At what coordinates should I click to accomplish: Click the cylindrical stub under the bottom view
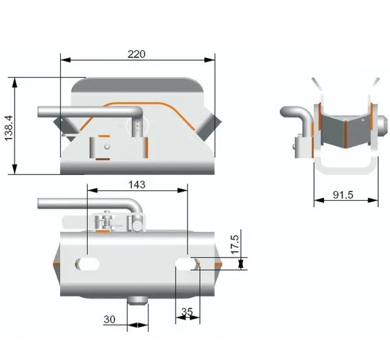click(x=138, y=301)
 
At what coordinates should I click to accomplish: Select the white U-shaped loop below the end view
click(x=345, y=165)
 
